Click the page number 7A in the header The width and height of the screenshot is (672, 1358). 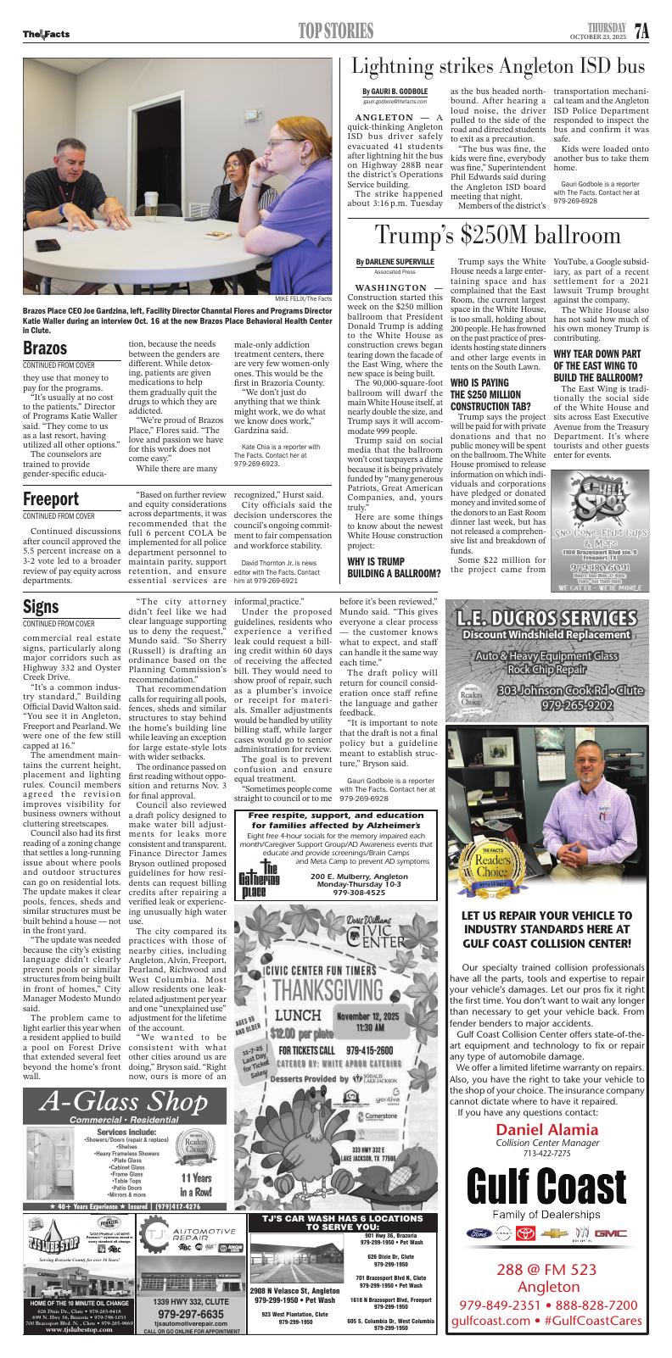[x=641, y=31]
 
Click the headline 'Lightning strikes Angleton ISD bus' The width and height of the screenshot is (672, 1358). [x=498, y=67]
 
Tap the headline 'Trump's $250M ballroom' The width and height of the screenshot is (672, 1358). [x=498, y=234]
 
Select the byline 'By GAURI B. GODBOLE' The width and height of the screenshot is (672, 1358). [x=395, y=91]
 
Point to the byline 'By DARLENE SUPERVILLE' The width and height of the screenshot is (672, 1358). [x=395, y=262]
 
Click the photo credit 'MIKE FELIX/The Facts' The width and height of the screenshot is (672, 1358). [x=303, y=298]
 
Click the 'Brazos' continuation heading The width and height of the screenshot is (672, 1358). [x=45, y=348]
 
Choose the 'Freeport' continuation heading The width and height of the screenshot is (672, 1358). [x=51, y=498]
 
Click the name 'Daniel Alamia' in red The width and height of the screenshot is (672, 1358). [x=546, y=1130]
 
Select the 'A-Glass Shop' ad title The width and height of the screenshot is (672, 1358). [x=116, y=1102]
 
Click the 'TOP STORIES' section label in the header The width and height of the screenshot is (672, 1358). [x=335, y=32]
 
